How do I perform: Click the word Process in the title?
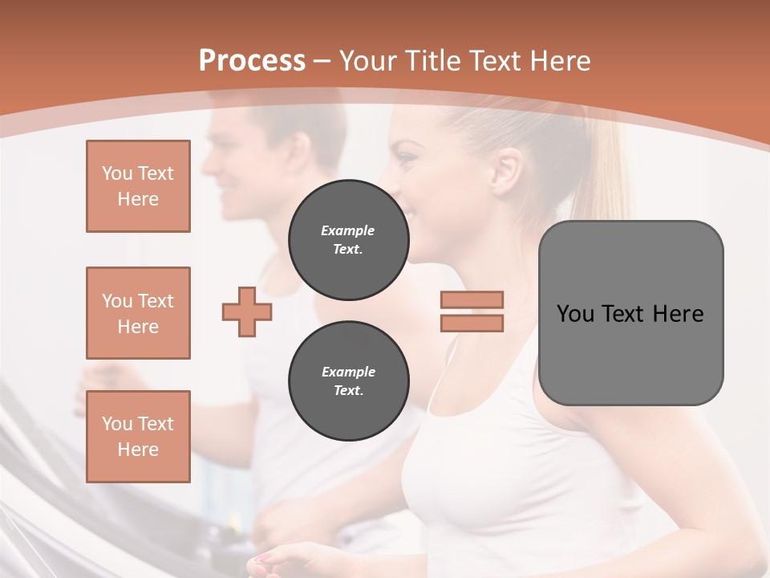(252, 61)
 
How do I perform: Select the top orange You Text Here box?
(138, 186)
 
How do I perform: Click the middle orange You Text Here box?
(138, 313)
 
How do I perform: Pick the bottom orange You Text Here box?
(138, 437)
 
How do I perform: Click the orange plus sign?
(247, 312)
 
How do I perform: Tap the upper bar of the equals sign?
(472, 300)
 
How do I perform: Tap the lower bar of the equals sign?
(472, 323)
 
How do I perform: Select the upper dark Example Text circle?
(348, 240)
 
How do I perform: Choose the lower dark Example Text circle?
(348, 381)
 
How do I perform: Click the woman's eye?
(407, 158)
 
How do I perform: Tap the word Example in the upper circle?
(348, 230)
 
